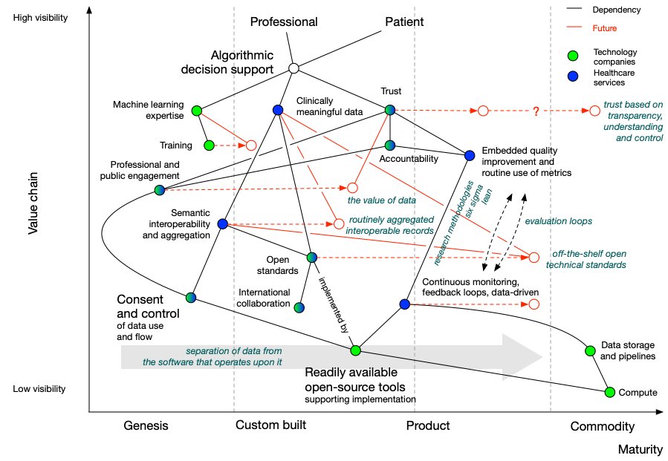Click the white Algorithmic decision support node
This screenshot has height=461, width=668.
point(294,68)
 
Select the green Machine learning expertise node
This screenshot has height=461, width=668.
point(197,111)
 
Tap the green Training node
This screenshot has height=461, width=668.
point(209,146)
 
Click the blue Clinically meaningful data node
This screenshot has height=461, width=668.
point(278,110)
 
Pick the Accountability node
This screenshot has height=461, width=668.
point(390,146)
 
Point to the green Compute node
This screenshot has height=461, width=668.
point(610,392)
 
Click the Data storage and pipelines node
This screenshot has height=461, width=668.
point(589,350)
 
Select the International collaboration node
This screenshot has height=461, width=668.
point(299,307)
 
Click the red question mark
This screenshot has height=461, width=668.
point(534,111)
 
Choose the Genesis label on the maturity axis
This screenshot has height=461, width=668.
point(146,426)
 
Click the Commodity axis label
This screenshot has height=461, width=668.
point(602,427)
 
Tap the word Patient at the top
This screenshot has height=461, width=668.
point(404,22)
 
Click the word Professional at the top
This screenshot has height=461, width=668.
point(283,22)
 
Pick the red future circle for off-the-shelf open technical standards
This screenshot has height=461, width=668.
point(533,257)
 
